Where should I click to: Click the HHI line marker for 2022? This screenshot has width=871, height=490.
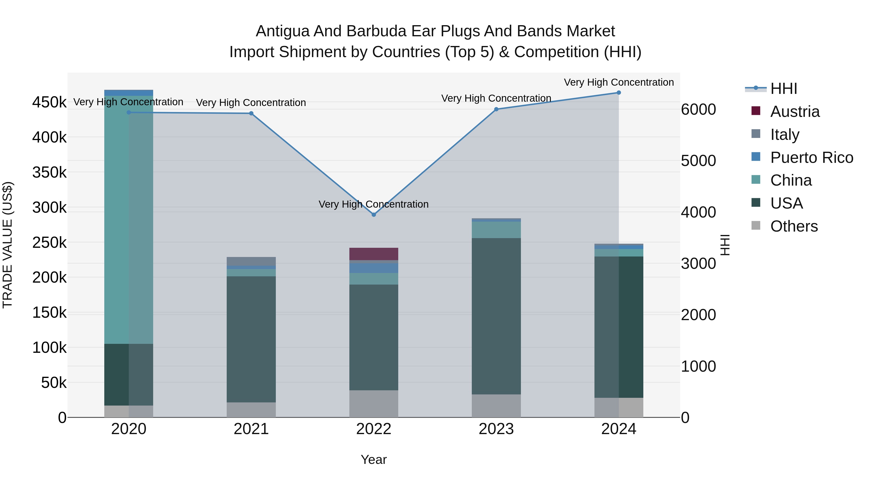374,215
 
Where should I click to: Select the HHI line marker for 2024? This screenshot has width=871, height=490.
619,93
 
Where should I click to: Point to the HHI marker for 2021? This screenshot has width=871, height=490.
251,113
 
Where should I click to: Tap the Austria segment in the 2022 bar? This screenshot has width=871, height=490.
374,254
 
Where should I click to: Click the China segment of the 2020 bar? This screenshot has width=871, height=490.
128,220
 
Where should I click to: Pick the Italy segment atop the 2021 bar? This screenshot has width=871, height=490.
251,261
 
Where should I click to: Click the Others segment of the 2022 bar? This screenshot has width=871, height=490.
374,404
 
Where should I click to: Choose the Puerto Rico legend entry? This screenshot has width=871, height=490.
811,158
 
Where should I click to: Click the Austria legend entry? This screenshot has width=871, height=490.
795,112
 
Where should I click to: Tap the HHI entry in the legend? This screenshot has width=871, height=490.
783,89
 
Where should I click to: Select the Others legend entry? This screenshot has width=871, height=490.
794,226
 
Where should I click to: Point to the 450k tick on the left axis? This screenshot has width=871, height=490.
49,102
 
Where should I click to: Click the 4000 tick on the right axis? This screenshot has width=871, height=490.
698,212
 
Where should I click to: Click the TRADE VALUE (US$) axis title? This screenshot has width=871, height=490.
8,245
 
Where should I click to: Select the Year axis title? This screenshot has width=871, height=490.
374,460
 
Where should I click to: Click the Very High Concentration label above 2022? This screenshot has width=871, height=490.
374,204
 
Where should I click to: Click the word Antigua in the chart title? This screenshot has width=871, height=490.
283,31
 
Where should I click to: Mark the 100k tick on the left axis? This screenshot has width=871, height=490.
49,348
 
